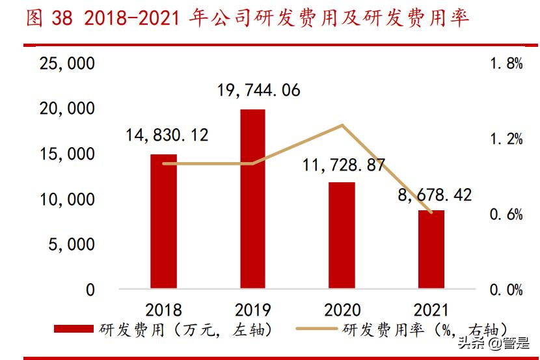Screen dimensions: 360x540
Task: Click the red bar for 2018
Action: click(x=163, y=221)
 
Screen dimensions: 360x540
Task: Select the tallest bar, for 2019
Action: click(x=252, y=199)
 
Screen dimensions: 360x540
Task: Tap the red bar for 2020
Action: click(x=342, y=235)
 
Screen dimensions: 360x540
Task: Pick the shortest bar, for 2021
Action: click(x=431, y=249)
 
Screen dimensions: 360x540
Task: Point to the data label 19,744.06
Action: click(x=259, y=90)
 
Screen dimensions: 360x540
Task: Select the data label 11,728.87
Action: click(x=344, y=165)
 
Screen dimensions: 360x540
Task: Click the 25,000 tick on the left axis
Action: click(x=67, y=64)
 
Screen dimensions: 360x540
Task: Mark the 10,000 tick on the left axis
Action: click(x=67, y=200)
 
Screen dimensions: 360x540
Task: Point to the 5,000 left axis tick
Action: click(x=72, y=245)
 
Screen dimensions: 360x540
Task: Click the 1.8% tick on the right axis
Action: click(x=505, y=64)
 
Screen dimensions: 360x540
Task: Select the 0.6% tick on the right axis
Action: click(x=505, y=215)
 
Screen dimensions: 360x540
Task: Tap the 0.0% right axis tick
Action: click(x=505, y=290)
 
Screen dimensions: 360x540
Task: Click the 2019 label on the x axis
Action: click(x=252, y=309)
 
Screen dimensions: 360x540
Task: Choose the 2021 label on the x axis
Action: click(x=431, y=309)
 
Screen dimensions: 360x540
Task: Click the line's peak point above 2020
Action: click(x=342, y=125)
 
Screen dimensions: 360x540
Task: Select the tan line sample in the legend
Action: click(x=317, y=330)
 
